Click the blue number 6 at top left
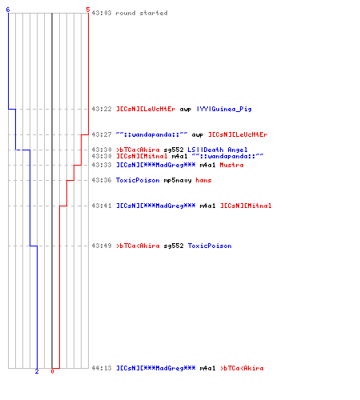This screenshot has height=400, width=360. [8, 10]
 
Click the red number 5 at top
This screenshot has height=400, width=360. [88, 10]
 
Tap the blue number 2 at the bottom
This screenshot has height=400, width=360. [37, 371]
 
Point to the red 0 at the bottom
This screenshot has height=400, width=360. [52, 371]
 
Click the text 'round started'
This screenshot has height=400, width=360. [142, 13]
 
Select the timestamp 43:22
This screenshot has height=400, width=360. [102, 109]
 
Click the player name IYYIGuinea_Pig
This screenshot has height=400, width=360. [224, 109]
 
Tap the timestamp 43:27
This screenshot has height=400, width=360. [102, 134]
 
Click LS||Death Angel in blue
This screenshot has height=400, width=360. [218, 150]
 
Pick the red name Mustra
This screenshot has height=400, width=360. [231, 165]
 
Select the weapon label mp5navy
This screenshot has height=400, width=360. [178, 181]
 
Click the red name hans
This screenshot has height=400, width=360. [203, 180]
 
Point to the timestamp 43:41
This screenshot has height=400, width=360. [102, 206]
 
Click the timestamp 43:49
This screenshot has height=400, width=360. [102, 246]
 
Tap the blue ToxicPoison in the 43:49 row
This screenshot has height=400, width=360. [210, 246]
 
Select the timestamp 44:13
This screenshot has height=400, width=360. [102, 368]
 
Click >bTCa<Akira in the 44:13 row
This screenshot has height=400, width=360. [242, 368]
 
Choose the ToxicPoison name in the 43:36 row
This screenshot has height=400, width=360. [138, 180]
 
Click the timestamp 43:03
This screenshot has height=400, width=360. [102, 13]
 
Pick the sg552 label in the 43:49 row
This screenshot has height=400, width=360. [174, 246]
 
